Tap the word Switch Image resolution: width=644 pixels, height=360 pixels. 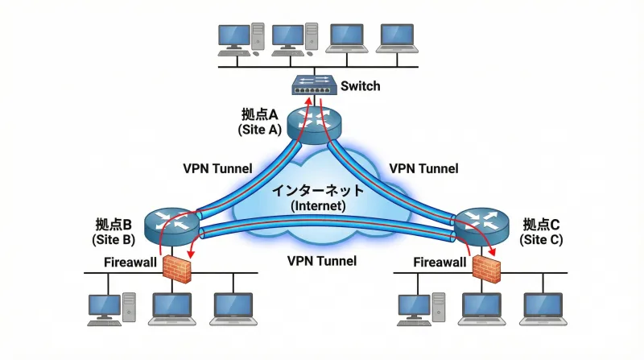[x=361, y=85]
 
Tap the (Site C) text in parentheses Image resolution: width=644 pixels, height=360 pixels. [x=542, y=240]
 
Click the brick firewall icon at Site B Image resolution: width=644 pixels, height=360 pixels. [x=178, y=268]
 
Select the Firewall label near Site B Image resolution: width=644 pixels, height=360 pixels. [x=131, y=262]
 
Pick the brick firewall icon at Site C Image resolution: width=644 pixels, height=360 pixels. [x=486, y=268]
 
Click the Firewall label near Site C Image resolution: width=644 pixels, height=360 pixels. [x=440, y=262]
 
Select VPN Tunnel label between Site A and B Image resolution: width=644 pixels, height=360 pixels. [x=217, y=168]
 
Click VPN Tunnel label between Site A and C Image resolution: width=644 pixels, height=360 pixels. [x=423, y=168]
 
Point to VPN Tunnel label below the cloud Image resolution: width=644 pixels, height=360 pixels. [x=322, y=261]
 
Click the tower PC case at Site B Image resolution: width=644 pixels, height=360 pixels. [x=130, y=307]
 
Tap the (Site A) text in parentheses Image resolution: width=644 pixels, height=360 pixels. [x=258, y=129]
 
